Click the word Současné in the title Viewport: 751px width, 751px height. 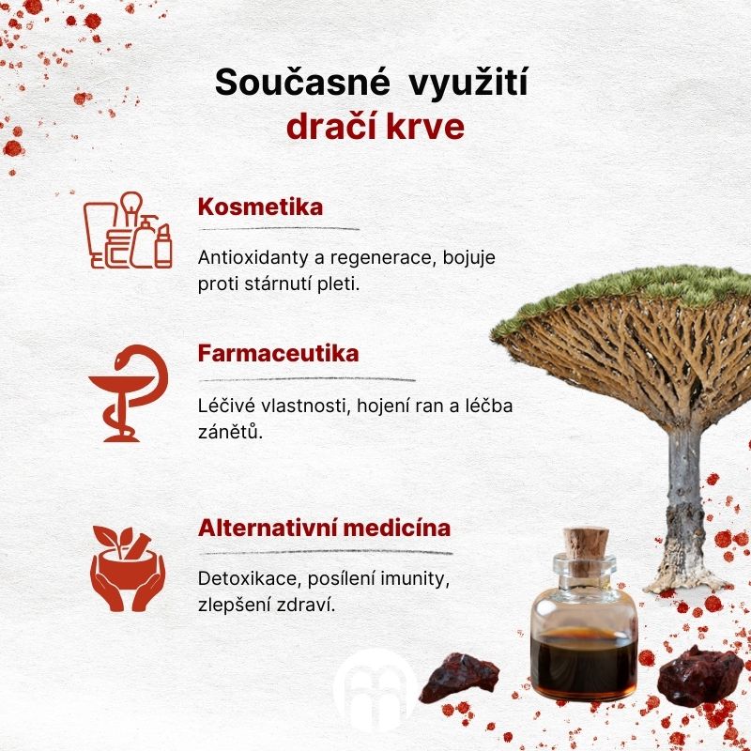302,82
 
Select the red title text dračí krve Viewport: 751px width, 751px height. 375,127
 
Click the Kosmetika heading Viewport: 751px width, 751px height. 260,207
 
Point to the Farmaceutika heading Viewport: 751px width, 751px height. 278,354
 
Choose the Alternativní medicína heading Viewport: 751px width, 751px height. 324,528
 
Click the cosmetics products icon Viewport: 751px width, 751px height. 128,230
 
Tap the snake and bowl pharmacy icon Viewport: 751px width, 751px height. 129,393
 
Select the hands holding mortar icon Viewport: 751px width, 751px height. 128,569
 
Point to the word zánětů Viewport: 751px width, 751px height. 230,432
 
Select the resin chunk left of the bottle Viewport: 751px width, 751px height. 459,678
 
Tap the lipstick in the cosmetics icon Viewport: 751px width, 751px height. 163,246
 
